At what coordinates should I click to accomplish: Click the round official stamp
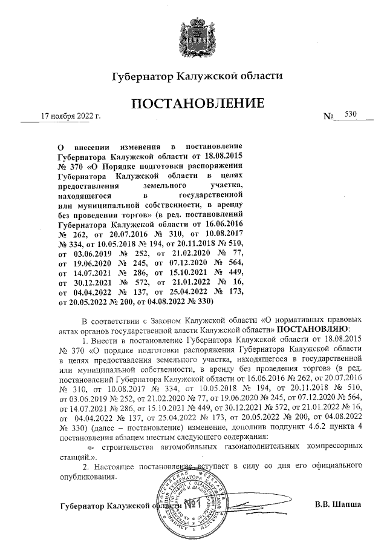194,501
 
